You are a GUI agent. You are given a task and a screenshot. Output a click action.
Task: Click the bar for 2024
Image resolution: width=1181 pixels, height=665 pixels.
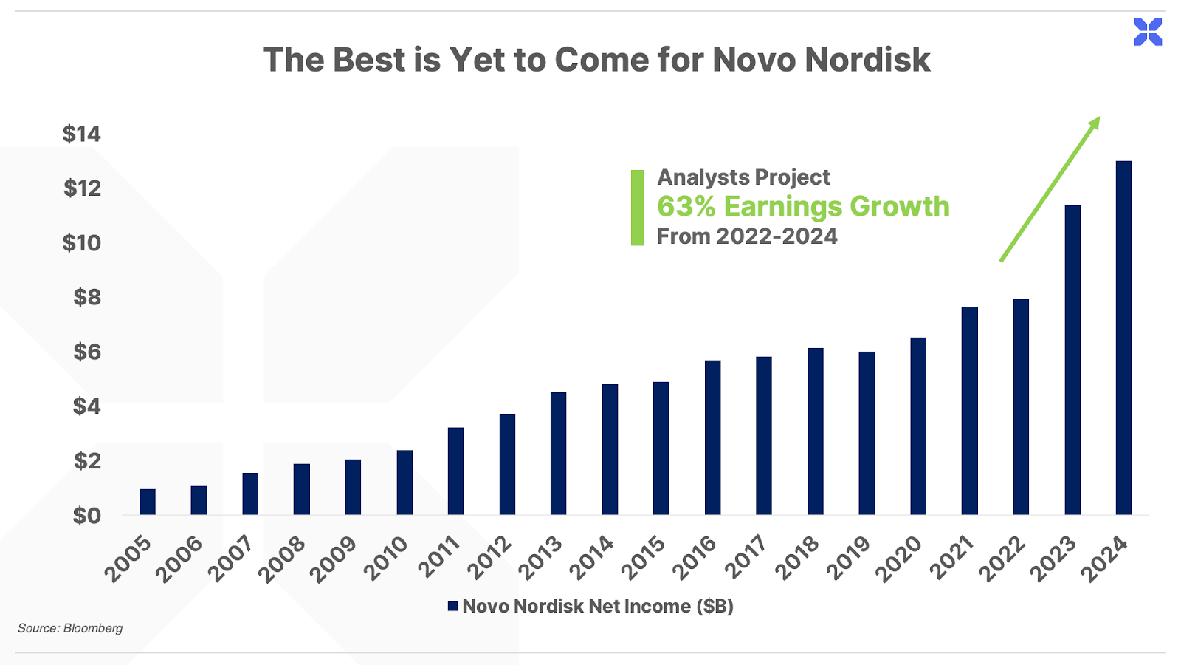coord(1123,338)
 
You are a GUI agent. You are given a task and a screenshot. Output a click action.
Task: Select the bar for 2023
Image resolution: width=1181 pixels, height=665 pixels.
coord(1072,360)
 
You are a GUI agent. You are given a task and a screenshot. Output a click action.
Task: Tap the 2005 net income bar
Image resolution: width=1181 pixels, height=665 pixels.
coord(148,502)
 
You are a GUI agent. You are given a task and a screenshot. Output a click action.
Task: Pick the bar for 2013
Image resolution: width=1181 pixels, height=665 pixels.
coord(558,454)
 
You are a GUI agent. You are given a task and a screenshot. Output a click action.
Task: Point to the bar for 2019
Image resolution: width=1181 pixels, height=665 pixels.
coord(867,433)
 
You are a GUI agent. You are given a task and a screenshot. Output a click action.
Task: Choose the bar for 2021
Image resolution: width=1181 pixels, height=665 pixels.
coord(970,411)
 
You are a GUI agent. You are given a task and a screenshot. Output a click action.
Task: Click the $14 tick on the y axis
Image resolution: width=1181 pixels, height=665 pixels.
coord(81,134)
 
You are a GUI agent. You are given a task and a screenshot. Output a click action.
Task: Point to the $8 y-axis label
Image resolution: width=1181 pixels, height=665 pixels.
coord(86,298)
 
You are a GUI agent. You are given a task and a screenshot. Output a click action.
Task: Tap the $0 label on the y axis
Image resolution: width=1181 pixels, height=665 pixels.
coord(86,516)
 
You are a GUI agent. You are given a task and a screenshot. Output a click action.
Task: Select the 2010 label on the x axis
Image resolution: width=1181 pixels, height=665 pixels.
coord(387,559)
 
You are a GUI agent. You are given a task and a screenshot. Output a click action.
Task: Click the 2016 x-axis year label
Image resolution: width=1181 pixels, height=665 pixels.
coord(695,559)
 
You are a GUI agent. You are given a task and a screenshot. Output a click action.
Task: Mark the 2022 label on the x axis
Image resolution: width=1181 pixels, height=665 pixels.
coord(1003,559)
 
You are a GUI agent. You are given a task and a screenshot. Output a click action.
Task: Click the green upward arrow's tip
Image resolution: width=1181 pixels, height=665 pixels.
coord(1100,117)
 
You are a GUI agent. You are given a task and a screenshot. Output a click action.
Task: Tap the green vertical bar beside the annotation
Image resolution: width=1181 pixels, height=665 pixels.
coord(638,208)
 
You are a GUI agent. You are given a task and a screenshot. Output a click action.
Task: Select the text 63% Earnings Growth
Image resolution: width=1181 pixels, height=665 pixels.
coord(803,206)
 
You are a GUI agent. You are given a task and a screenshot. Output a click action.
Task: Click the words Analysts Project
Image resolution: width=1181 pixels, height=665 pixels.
coord(743,177)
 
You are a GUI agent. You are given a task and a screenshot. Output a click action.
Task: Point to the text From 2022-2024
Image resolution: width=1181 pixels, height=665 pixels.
coord(747,236)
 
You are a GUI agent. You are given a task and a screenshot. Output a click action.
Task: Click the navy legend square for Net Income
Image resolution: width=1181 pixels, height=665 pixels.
coord(452,606)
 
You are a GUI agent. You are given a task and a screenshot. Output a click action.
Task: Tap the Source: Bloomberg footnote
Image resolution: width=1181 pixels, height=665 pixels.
coord(70,628)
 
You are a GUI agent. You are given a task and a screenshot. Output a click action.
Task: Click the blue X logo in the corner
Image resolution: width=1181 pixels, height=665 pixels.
coord(1149,32)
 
